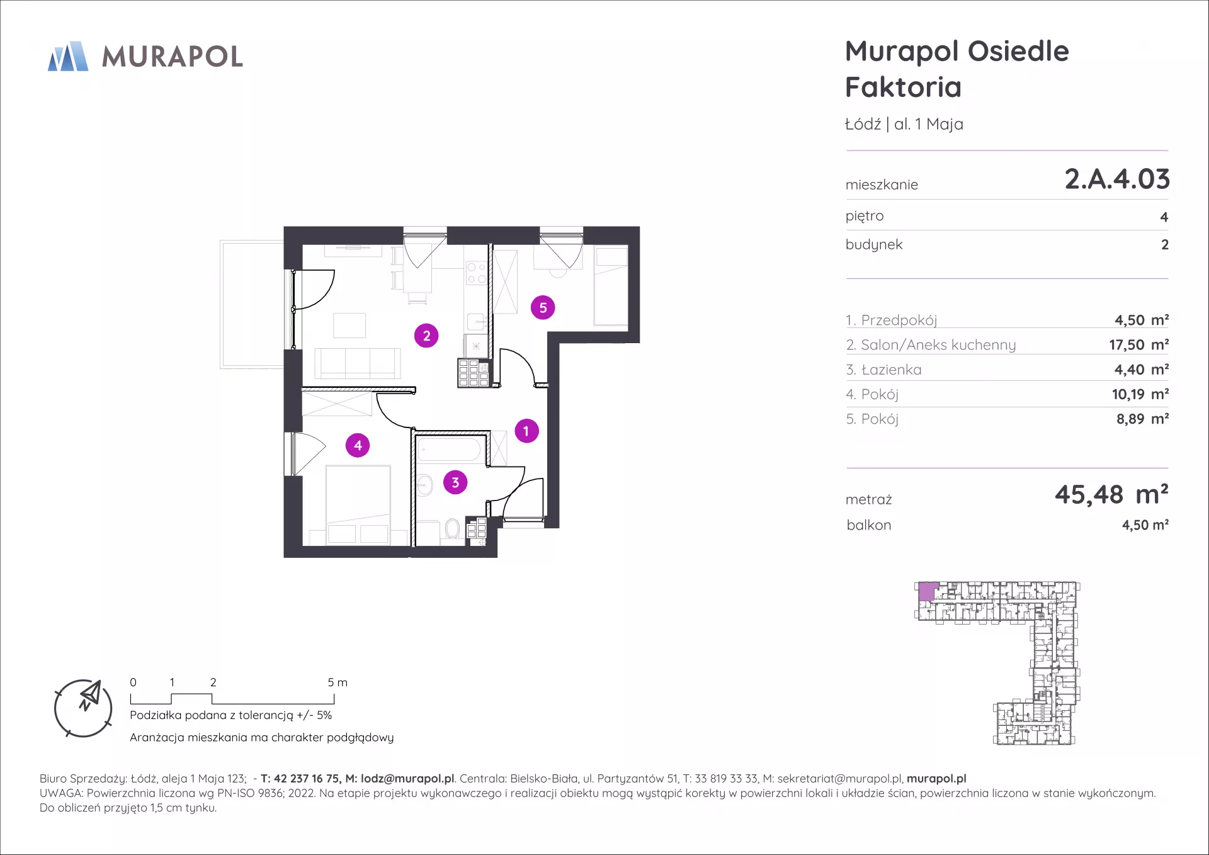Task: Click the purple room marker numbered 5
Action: click(543, 308)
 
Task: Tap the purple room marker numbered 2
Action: click(426, 336)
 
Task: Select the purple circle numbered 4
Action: click(358, 446)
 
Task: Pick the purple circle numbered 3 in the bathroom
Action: click(455, 483)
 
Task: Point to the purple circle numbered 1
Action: click(526, 431)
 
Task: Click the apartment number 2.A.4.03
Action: click(1117, 179)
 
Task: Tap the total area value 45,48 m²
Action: click(1111, 495)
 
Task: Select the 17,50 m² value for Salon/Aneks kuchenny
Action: click(1139, 345)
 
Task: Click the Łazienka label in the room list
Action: click(891, 370)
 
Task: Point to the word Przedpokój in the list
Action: click(899, 320)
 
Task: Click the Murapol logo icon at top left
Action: click(68, 56)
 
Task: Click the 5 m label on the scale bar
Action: click(338, 682)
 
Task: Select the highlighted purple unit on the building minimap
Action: click(927, 592)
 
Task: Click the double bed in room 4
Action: click(358, 505)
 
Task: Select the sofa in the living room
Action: click(358, 363)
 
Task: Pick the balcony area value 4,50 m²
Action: click(1145, 525)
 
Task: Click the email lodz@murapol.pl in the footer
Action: click(407, 779)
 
